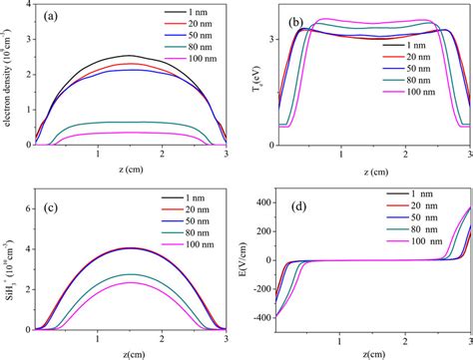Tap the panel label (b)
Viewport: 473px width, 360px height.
click(x=295, y=21)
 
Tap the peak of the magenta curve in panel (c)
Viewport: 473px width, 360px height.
click(x=128, y=282)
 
